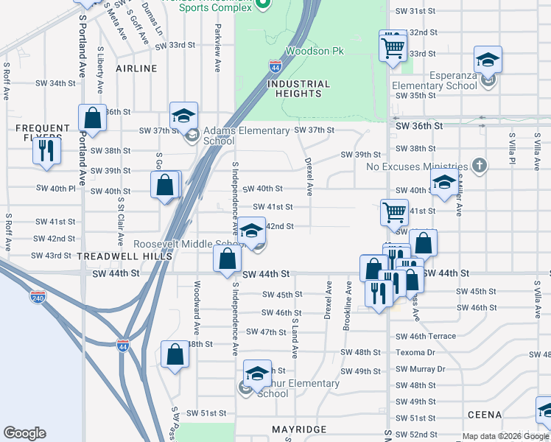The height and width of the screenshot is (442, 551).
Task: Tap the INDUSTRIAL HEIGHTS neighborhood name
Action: pyautogui.click(x=298, y=89)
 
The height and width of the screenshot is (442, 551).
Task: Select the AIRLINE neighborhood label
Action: pyautogui.click(x=136, y=69)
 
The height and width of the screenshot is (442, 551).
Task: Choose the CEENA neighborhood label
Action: pyautogui.click(x=482, y=415)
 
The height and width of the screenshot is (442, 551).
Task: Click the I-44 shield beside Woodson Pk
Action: pyautogui.click(x=275, y=66)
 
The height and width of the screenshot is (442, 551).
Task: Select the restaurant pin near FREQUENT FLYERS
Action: pyautogui.click(x=46, y=151)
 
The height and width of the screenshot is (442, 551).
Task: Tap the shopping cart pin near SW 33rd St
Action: pyautogui.click(x=393, y=48)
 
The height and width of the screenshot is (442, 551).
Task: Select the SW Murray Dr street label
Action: pyautogui.click(x=421, y=369)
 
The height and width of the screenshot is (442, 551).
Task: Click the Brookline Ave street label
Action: pyautogui.click(x=347, y=304)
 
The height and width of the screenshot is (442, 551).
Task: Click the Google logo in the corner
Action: pyautogui.click(x=24, y=433)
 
